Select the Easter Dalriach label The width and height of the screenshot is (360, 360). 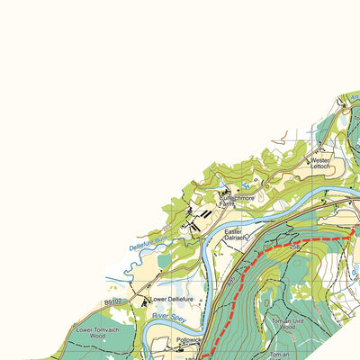235,234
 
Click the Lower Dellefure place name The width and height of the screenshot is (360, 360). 172,299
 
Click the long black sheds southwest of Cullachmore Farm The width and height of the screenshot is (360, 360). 205,215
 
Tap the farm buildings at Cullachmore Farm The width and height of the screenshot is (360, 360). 224,192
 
